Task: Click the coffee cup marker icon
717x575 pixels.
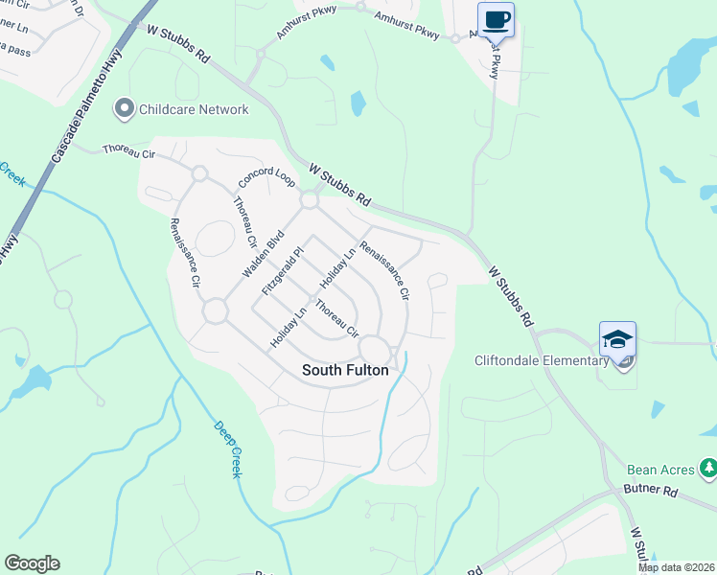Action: tap(496, 20)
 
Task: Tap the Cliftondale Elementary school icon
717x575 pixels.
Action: tap(617, 339)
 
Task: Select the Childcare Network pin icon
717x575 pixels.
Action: tap(124, 109)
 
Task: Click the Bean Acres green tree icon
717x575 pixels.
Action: tap(707, 469)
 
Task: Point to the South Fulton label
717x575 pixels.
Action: tap(344, 369)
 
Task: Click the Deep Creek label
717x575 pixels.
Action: tap(228, 449)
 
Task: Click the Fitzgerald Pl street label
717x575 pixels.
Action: tap(285, 270)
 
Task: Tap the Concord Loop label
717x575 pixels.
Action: tap(266, 179)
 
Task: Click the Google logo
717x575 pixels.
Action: tap(32, 563)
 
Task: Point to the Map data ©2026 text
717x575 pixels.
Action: tap(677, 567)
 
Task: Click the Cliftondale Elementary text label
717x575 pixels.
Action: tap(542, 360)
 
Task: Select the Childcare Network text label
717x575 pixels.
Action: tap(194, 109)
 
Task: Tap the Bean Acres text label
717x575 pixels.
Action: tap(660, 470)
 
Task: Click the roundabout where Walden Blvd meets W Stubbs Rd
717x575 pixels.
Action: tap(309, 200)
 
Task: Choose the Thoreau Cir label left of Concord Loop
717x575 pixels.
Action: tap(128, 150)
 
